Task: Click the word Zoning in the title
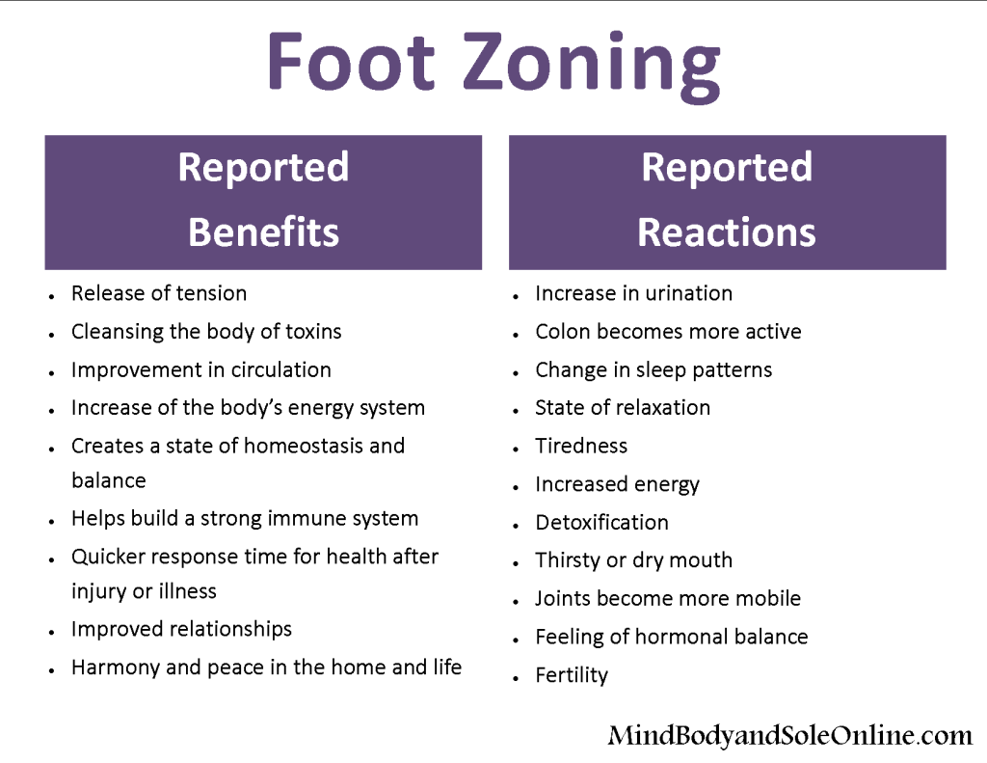tap(593, 67)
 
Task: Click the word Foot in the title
tap(351, 61)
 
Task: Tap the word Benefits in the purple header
tap(263, 232)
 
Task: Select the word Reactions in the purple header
tap(727, 232)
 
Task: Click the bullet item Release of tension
tap(159, 293)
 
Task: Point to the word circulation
tap(280, 369)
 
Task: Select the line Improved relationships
tap(181, 630)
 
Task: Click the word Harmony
tap(116, 668)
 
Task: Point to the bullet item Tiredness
tap(581, 446)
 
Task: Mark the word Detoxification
tap(601, 522)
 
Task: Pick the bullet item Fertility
tap(572, 675)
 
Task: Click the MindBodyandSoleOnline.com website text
tap(790, 735)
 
